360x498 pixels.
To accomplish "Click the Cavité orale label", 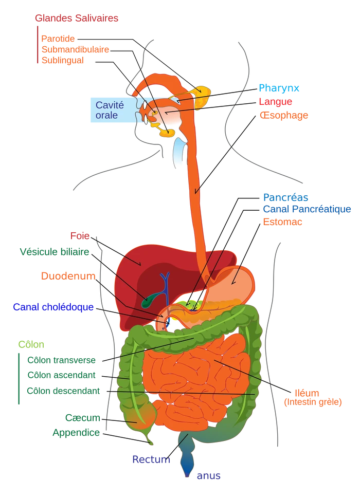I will click(110, 110).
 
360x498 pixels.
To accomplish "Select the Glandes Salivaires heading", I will click(76, 17).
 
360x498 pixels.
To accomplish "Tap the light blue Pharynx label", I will click(279, 87).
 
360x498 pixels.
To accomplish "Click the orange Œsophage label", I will click(284, 116).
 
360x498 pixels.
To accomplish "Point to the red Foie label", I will click(79, 236).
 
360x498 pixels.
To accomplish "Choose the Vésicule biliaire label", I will click(53, 252).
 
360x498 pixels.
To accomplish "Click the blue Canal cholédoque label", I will click(53, 307).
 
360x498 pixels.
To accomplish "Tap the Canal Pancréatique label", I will click(307, 209).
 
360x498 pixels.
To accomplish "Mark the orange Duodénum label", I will click(68, 275).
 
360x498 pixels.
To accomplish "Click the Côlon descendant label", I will click(63, 391).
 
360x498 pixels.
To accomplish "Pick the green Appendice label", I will click(75, 433).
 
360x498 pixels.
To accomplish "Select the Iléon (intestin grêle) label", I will click(313, 397).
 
